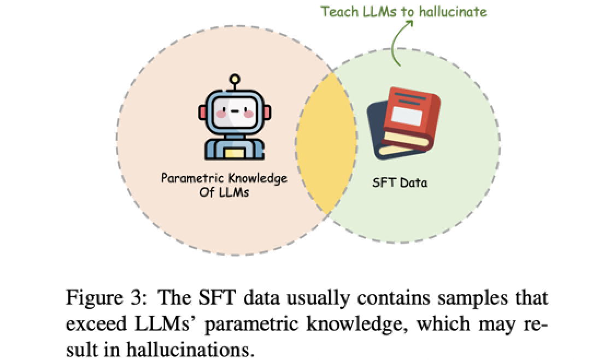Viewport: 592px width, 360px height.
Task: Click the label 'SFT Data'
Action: [400, 182]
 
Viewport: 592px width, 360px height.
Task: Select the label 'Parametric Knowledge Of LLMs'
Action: [224, 185]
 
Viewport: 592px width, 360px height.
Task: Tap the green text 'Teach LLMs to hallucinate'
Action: [403, 11]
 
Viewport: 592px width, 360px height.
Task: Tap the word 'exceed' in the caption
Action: [93, 323]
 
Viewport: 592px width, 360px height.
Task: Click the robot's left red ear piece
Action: [203, 113]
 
